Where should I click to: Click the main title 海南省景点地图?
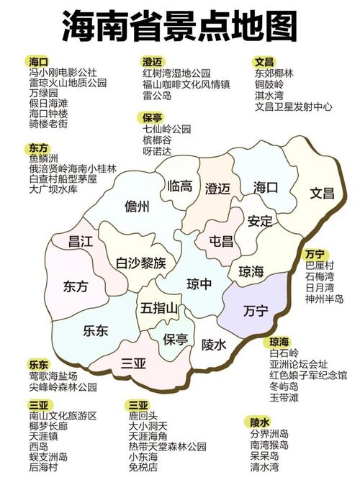179,27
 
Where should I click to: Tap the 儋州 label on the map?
137,207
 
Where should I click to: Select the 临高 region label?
180,186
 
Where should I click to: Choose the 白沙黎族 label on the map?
141,263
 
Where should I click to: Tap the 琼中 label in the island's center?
199,284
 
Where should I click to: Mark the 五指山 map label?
159,308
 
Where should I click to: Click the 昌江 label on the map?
81,243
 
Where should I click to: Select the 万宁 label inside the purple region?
256,311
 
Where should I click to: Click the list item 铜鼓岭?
271,84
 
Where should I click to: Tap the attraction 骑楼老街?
48,124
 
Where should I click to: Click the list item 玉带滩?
283,396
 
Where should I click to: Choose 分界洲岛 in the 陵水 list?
269,435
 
